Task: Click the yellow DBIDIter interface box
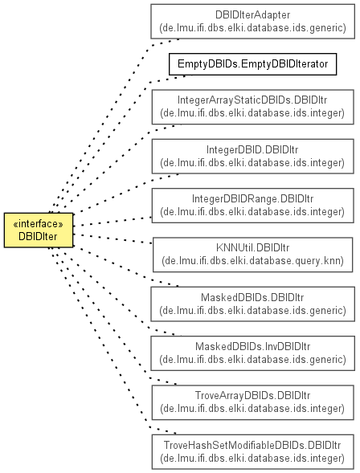pyautogui.click(x=39, y=230)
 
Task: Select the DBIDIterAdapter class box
pyautogui.click(x=252, y=22)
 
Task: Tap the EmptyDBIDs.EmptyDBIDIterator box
pyautogui.click(x=252, y=64)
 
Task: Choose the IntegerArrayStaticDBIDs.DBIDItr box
pyautogui.click(x=252, y=107)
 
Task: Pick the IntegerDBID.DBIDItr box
pyautogui.click(x=252, y=157)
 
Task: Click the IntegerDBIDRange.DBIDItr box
pyautogui.click(x=252, y=206)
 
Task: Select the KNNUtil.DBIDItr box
pyautogui.click(x=252, y=255)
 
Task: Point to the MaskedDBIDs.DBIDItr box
pyautogui.click(x=252, y=304)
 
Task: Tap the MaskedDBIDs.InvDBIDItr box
pyautogui.click(x=252, y=353)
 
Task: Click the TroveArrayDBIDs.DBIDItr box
pyautogui.click(x=252, y=402)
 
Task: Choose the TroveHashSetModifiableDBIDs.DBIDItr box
pyautogui.click(x=252, y=452)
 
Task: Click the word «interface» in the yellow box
pyautogui.click(x=39, y=224)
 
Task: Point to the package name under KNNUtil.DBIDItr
pyautogui.click(x=252, y=261)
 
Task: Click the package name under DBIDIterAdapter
pyautogui.click(x=252, y=28)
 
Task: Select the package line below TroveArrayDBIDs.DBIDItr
pyautogui.click(x=252, y=409)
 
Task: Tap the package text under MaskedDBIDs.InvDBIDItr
pyautogui.click(x=252, y=360)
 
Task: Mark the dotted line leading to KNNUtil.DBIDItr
pyautogui.click(x=112, y=239)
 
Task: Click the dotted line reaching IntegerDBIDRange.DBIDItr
pyautogui.click(x=112, y=222)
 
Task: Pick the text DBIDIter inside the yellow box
pyautogui.click(x=38, y=236)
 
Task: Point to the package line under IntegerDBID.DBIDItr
pyautogui.click(x=252, y=163)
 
